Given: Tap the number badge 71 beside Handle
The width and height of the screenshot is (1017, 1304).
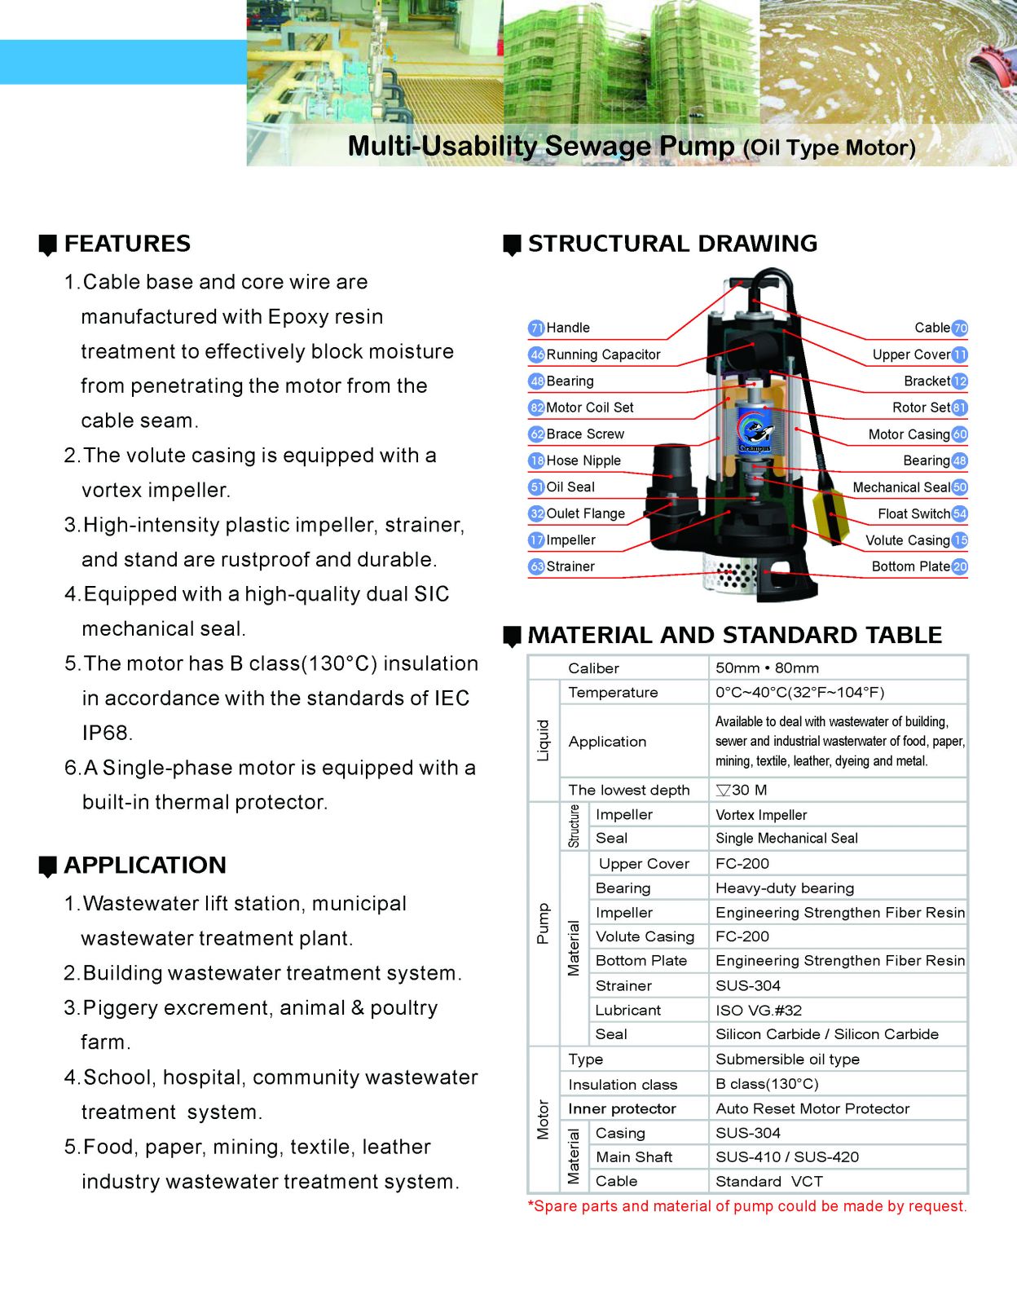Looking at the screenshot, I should (536, 328).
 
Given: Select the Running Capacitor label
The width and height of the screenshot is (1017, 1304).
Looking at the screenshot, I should (603, 355).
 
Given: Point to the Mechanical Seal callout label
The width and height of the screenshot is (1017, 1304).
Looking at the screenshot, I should (900, 487).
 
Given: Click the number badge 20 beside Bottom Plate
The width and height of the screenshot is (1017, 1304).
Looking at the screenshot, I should (960, 566).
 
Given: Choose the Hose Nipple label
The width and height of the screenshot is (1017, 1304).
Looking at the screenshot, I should (583, 460).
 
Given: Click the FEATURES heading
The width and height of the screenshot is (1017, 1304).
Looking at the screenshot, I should (127, 244).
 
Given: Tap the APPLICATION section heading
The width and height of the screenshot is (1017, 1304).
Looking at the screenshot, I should (145, 866).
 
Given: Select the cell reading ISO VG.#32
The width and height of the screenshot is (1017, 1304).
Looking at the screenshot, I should (759, 1011).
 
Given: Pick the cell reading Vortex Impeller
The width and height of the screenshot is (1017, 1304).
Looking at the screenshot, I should (761, 815).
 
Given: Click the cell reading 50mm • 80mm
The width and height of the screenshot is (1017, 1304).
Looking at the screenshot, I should (767, 668).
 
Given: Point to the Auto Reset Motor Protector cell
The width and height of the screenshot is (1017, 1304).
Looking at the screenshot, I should (812, 1108).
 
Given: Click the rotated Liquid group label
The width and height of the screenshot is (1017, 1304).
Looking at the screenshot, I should (544, 740).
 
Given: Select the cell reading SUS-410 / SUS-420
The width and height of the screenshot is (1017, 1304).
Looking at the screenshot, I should (787, 1157).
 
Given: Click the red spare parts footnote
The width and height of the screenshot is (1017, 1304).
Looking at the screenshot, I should (747, 1206).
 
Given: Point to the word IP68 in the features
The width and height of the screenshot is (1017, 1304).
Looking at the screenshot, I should (107, 733).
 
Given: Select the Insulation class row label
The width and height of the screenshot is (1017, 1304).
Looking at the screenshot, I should (623, 1085).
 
